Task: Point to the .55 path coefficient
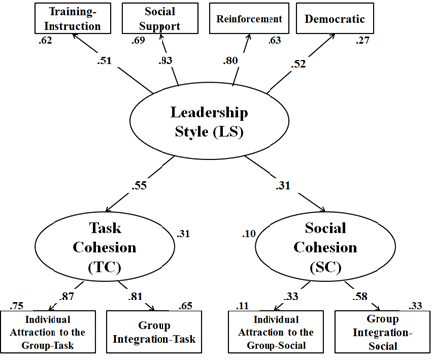139,185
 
